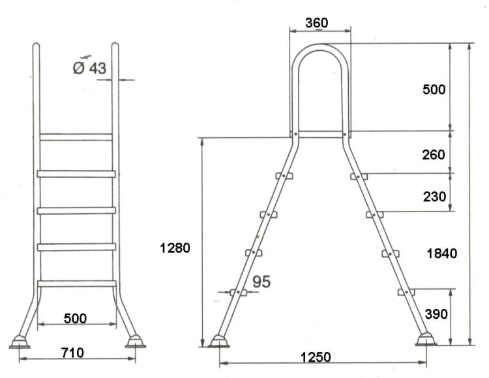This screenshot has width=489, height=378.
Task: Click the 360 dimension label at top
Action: pos(316,23)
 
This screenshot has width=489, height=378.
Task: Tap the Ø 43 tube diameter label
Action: pos(89,68)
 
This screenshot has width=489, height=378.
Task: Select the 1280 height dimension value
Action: pos(175,248)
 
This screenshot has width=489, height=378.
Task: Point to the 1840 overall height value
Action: pos(441,254)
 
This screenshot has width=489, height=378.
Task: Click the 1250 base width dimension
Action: pos(316,357)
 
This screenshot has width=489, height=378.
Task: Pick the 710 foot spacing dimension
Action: pos(72,353)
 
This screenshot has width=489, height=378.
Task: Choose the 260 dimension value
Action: pos(434,155)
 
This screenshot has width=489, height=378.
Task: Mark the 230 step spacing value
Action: pos(434,196)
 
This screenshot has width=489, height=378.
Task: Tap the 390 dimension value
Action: pos(436,314)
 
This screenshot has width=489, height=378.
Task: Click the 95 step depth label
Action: pos(261,282)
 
